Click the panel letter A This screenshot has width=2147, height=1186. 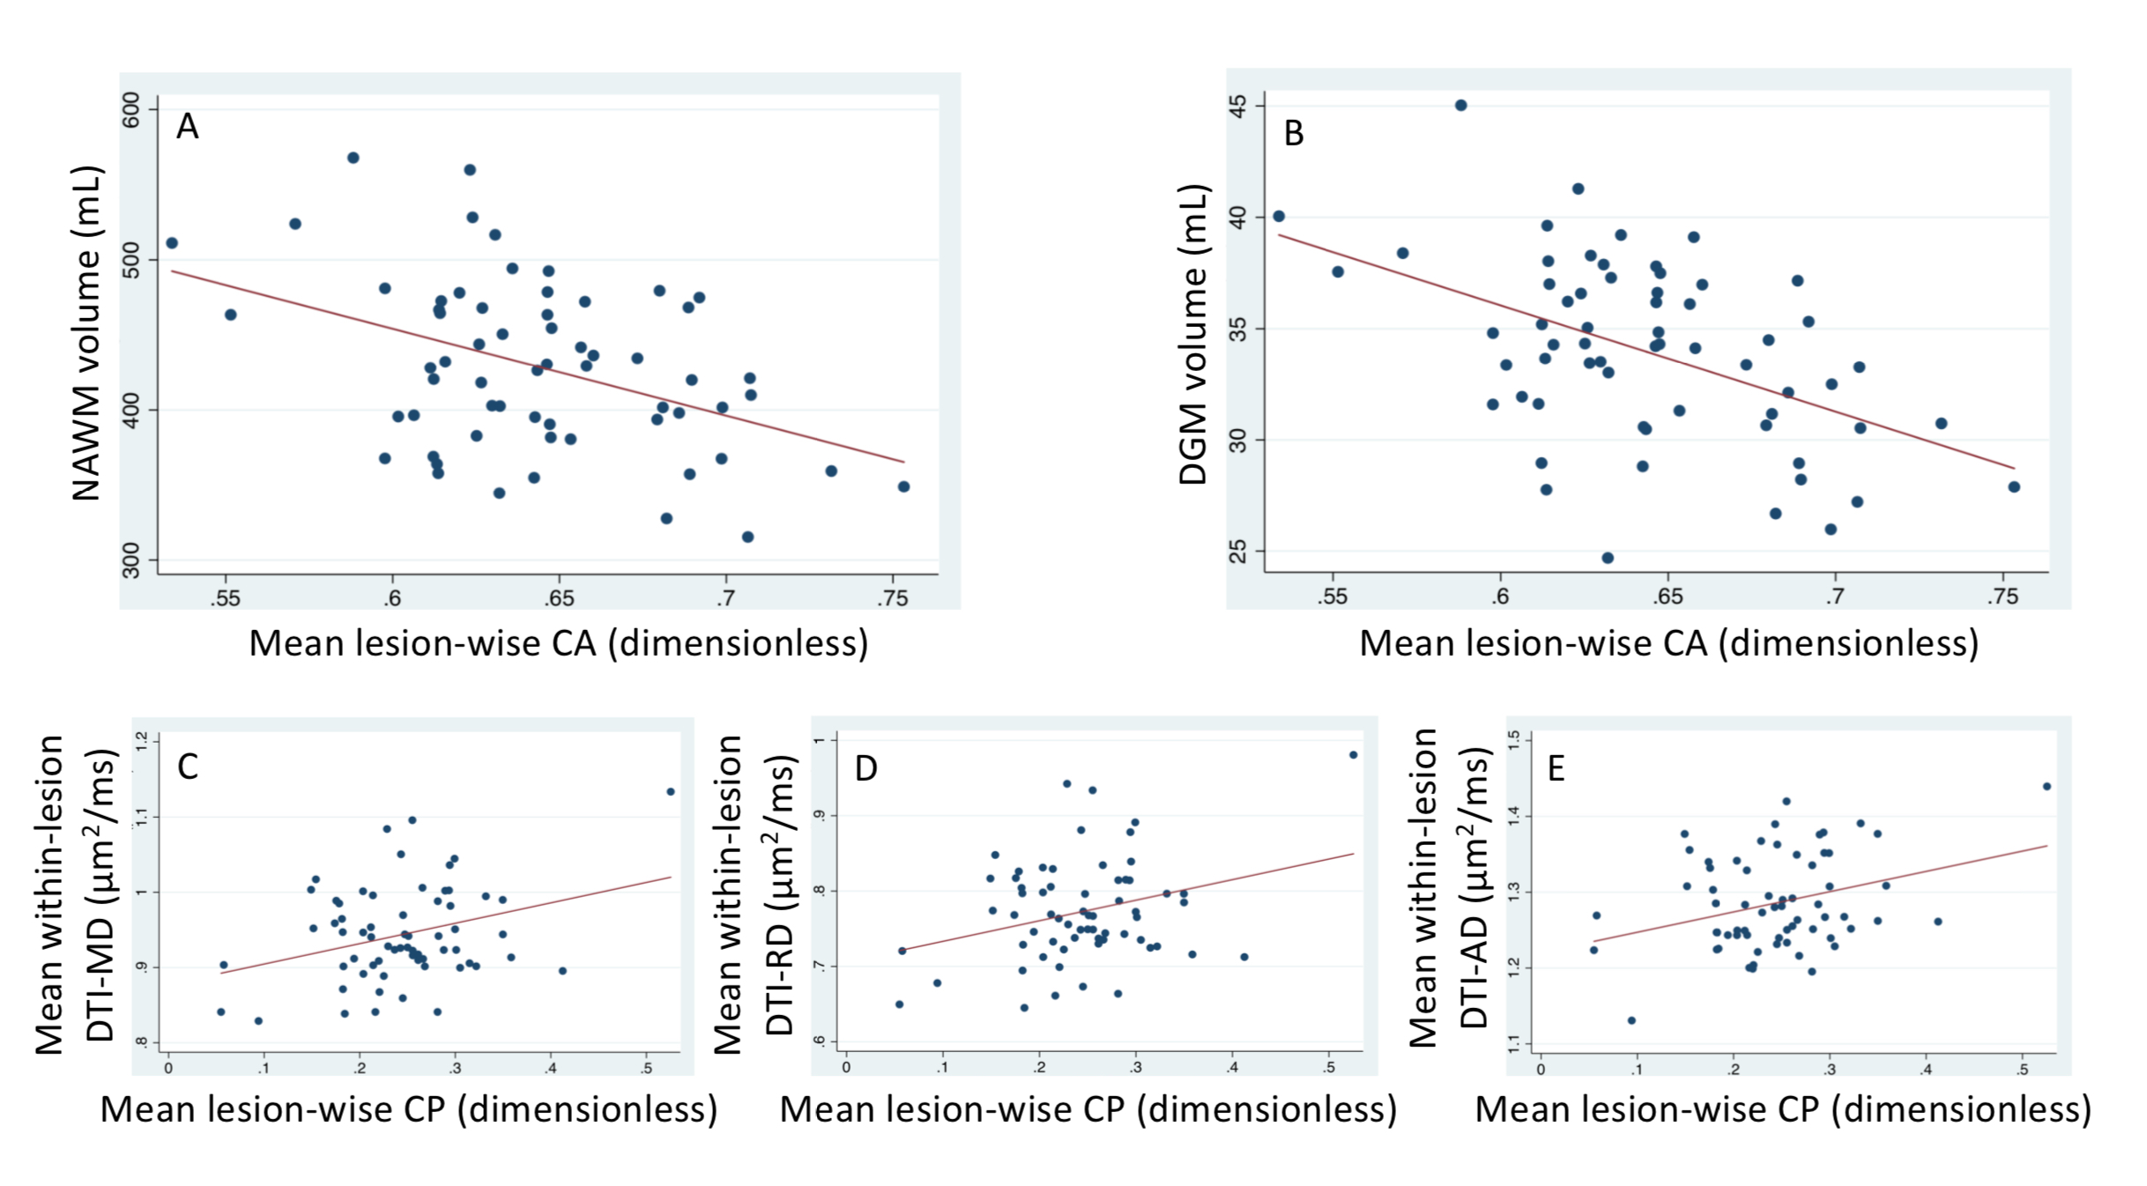click(x=187, y=127)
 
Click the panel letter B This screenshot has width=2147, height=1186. click(x=1293, y=133)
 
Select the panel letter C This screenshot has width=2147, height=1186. click(x=188, y=767)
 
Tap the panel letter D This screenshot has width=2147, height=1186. click(x=865, y=768)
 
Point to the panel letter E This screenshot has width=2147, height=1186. click(x=1556, y=768)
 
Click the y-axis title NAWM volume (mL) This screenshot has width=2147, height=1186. click(x=86, y=333)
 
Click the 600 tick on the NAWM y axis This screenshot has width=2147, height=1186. click(x=132, y=109)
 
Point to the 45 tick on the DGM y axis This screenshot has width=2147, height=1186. click(x=1239, y=106)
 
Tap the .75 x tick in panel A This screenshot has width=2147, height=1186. click(x=892, y=598)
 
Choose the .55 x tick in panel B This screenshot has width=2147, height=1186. click(x=1333, y=597)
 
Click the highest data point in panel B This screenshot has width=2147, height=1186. click(x=1460, y=105)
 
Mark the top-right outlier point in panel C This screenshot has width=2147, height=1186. click(x=671, y=791)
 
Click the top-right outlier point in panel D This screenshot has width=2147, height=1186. click(x=1353, y=755)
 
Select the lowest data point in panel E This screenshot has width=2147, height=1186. click(x=1631, y=1020)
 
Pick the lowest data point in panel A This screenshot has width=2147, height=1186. click(x=747, y=537)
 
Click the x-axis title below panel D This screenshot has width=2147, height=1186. click(x=1088, y=1108)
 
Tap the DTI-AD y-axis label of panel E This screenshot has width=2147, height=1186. click(x=1473, y=890)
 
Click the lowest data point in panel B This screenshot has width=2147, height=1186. click(x=1608, y=558)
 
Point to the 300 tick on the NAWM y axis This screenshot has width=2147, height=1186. click(x=132, y=560)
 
